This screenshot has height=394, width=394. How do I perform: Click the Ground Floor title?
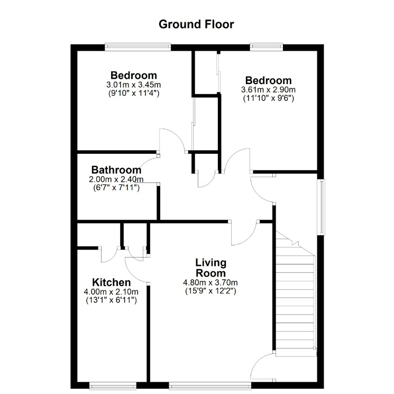pyautogui.click(x=196, y=24)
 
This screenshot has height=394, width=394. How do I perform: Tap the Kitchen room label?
pyautogui.click(x=111, y=282)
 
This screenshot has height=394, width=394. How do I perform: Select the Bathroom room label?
pyautogui.click(x=116, y=170)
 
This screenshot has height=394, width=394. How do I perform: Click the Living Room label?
pyautogui.click(x=211, y=268)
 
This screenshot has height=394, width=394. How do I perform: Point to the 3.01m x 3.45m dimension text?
pyautogui.click(x=134, y=85)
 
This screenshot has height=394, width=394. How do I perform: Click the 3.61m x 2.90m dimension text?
pyautogui.click(x=268, y=89)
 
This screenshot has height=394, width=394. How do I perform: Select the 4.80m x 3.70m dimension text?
pyautogui.click(x=210, y=283)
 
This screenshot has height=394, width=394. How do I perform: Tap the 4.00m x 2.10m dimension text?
pyautogui.click(x=111, y=292)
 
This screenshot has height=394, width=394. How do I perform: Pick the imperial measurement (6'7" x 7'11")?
pyautogui.click(x=116, y=188)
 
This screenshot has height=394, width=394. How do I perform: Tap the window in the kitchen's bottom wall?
pyautogui.click(x=113, y=386)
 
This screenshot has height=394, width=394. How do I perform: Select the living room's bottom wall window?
pyautogui.click(x=210, y=386)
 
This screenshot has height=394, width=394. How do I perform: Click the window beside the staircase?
pyautogui.click(x=321, y=207)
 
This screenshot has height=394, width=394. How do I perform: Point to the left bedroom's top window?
pyautogui.click(x=138, y=47)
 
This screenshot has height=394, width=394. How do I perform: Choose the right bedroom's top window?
pyautogui.click(x=267, y=47)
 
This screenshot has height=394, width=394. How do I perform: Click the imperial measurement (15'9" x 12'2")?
pyautogui.click(x=210, y=291)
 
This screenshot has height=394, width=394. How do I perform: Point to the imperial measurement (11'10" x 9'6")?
pyautogui.click(x=268, y=98)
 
